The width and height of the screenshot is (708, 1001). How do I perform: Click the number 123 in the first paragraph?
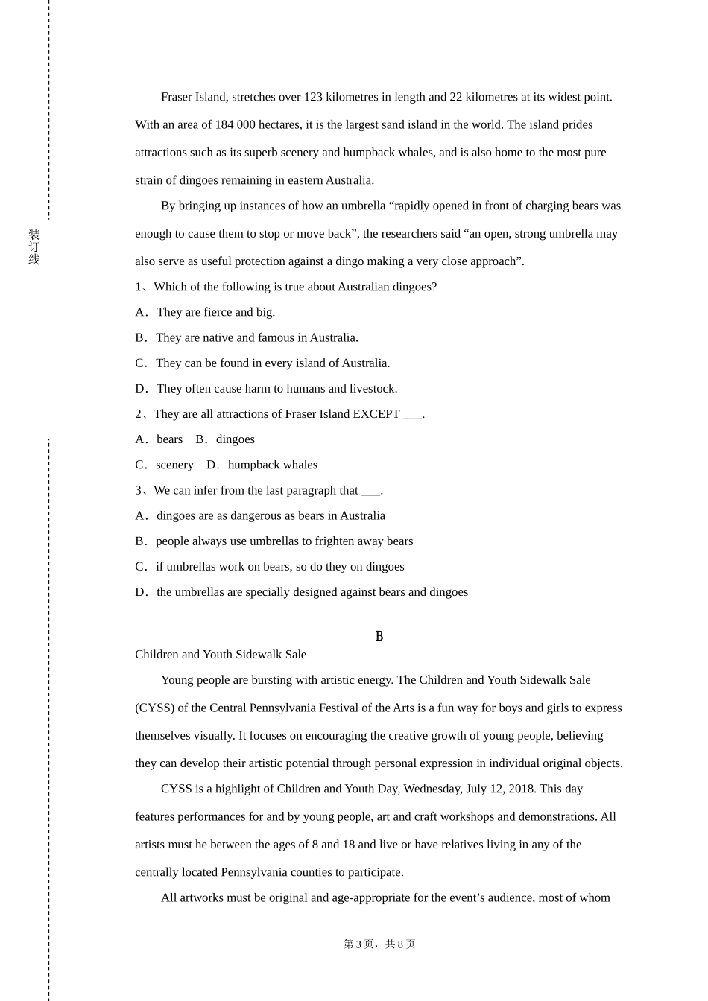313,97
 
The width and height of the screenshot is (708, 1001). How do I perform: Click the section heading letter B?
379,636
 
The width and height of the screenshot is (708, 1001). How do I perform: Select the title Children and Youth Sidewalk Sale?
221,655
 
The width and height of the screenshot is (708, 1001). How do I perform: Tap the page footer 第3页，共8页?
379,944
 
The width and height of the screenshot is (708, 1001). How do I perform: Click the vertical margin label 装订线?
34,247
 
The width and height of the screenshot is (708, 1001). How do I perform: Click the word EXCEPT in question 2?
376,414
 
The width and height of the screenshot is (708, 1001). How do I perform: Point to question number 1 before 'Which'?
139,287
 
